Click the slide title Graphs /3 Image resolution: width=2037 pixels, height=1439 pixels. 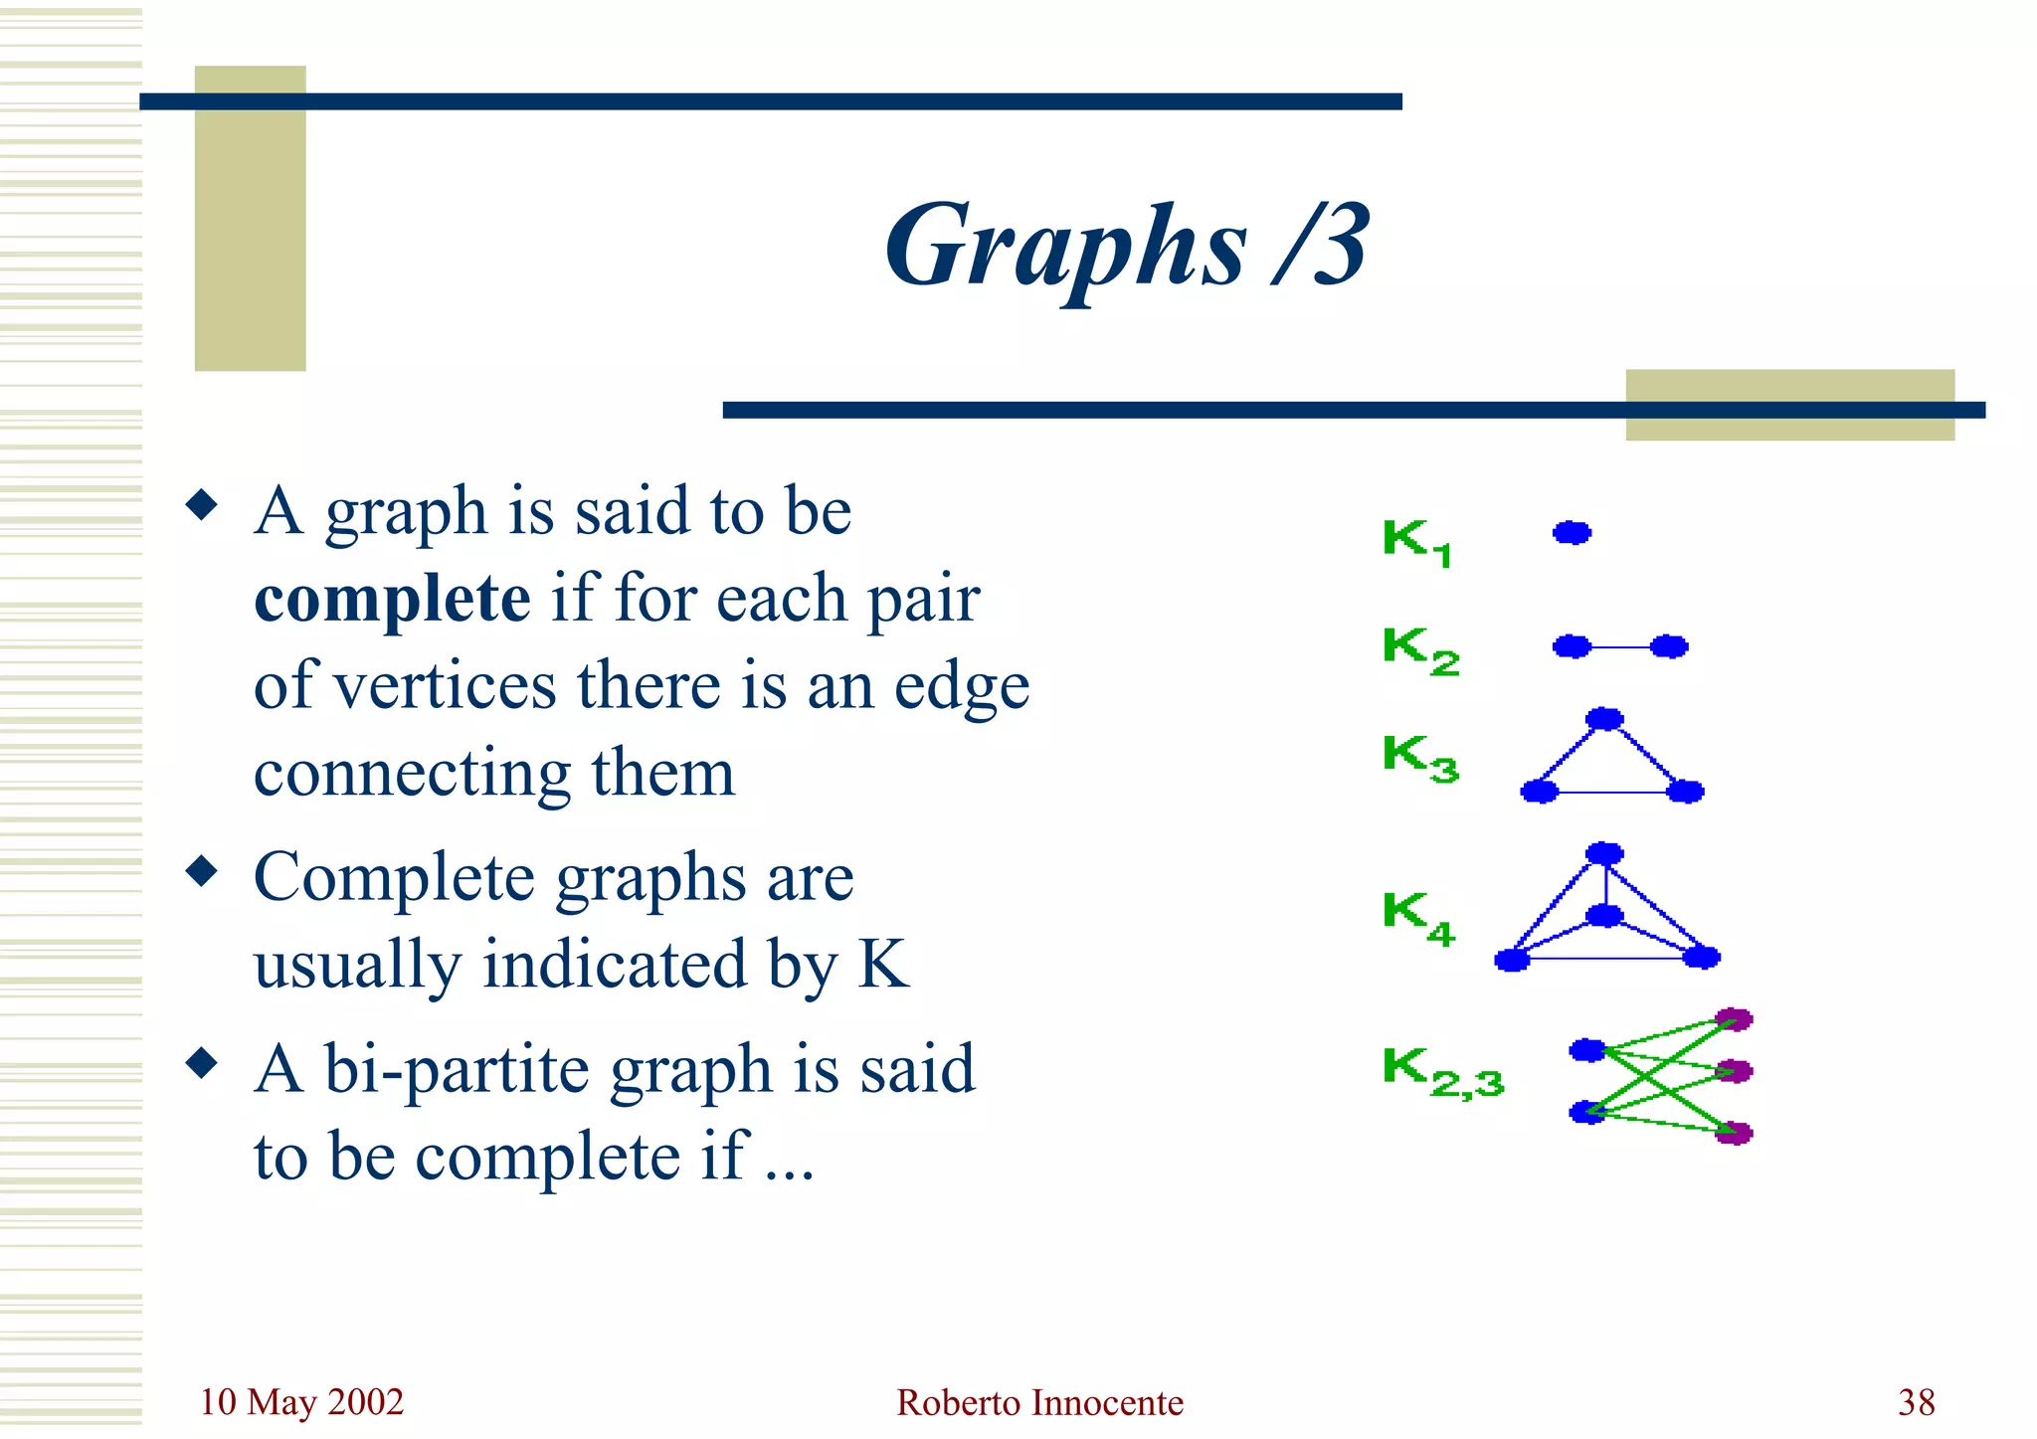coord(1127,247)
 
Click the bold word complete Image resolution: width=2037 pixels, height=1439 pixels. coord(392,600)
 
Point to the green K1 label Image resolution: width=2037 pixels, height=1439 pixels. coord(1416,542)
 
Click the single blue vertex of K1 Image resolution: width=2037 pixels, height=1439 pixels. coord(1572,533)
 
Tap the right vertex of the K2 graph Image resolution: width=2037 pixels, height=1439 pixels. coord(1669,647)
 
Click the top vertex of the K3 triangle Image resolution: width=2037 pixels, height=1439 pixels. coord(1604,719)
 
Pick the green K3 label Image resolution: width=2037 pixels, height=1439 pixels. coord(1420,758)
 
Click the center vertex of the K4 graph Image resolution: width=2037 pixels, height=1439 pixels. coord(1604,915)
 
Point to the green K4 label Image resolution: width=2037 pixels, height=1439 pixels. coord(1418,917)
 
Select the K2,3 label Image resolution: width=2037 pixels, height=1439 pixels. coord(1442,1072)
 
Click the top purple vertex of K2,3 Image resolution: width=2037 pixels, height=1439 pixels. coord(1734,1019)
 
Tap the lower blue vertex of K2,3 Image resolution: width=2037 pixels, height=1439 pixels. coord(1587,1112)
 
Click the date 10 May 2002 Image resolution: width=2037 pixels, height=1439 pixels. coord(301,1402)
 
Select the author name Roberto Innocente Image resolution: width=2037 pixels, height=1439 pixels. coord(1039,1402)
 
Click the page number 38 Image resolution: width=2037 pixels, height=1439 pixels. coord(1916,1402)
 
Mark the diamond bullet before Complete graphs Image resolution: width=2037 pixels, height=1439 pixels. coord(202,872)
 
